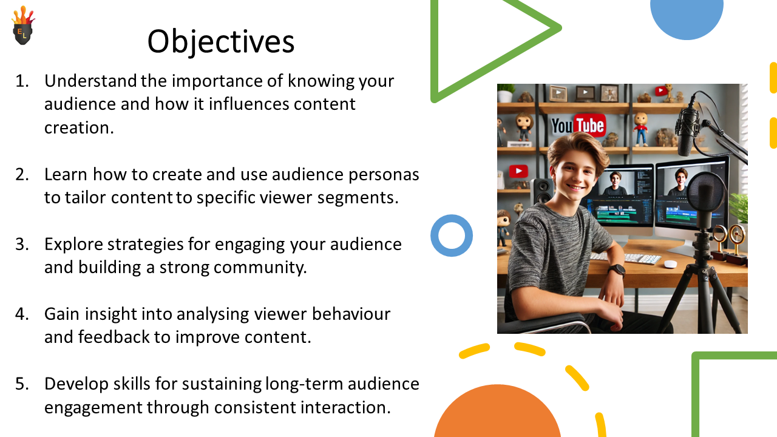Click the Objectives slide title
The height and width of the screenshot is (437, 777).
pos(221,42)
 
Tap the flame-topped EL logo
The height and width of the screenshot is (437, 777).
pos(23,25)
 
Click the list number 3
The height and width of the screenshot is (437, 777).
pos(21,244)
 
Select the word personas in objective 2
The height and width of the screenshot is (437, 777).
pos(384,175)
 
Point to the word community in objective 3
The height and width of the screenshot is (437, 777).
pos(260,268)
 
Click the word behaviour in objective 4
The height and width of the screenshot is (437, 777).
pos(351,314)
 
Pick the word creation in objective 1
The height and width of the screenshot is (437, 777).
pos(79,127)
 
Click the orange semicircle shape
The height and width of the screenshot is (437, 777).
pos(497,413)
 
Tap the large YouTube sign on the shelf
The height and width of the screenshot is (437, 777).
pos(579,125)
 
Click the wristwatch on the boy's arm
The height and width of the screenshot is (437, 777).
pos(616,270)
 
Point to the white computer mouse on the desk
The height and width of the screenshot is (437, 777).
pos(670,264)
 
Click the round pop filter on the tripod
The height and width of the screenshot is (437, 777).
pos(705,194)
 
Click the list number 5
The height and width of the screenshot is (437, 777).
pos(21,384)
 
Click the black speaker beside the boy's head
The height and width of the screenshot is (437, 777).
pos(541,191)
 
